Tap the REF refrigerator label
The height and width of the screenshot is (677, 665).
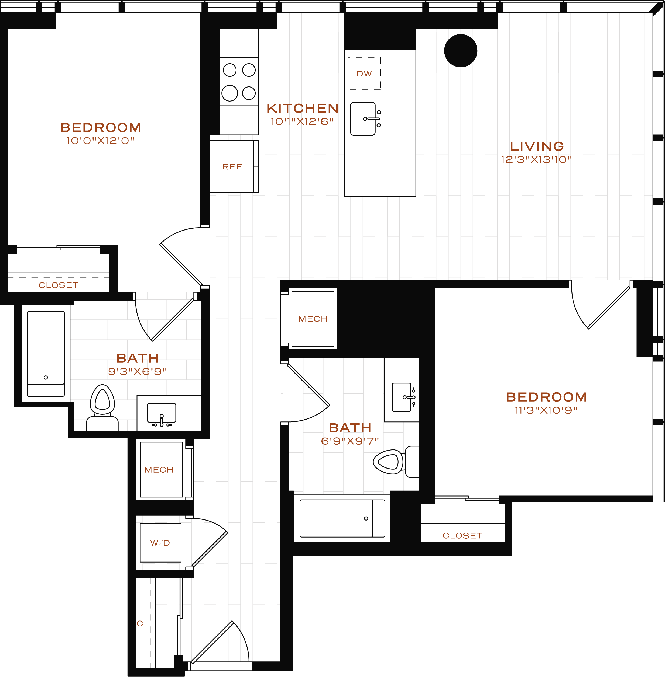[232, 167]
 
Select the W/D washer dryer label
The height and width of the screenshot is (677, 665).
[160, 543]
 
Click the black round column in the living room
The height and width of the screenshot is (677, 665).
[461, 51]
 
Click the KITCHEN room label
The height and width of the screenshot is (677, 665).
[303, 109]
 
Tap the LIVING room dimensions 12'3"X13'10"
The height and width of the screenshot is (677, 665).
[536, 160]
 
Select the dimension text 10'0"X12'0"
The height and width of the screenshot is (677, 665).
[101, 141]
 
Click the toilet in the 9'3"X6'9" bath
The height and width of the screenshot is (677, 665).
[102, 407]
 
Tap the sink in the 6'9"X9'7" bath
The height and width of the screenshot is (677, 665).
[403, 397]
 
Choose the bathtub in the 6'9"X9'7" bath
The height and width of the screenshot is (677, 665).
[342, 518]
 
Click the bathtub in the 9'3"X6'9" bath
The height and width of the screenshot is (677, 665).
[46, 354]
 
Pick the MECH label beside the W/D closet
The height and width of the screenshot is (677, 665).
[159, 470]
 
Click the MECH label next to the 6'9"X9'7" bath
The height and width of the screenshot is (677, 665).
[313, 319]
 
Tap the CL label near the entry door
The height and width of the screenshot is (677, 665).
[143, 623]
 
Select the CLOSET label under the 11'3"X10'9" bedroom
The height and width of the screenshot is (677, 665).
[462, 535]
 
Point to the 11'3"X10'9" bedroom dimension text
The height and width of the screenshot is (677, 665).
[546, 410]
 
